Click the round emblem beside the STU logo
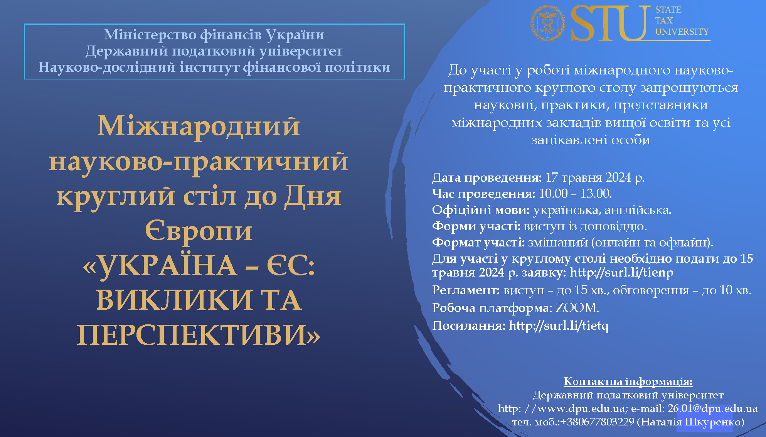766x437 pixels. [x=547, y=23]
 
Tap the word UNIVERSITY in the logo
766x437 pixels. [x=682, y=32]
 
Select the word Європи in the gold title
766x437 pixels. [x=199, y=231]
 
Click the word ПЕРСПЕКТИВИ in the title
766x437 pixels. [x=199, y=335]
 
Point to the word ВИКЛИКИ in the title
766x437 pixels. [x=174, y=300]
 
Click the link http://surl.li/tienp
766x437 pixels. [x=621, y=272]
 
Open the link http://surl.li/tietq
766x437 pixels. [x=559, y=326]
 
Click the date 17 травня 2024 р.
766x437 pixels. [x=595, y=177]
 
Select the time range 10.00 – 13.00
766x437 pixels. [x=575, y=194]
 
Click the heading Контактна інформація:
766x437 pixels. [x=628, y=381]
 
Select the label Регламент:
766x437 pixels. [x=466, y=290]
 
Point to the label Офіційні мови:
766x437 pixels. [x=481, y=210]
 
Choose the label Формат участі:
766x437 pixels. [x=478, y=242]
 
